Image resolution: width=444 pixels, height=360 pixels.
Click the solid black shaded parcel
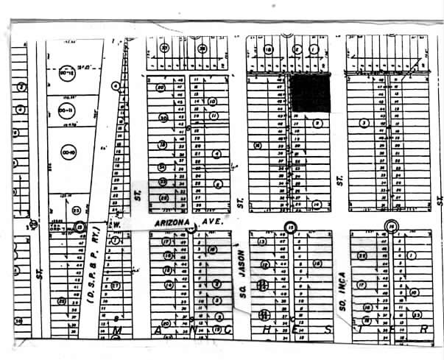pos(309,93)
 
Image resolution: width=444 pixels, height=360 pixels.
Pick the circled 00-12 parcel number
pos(66,74)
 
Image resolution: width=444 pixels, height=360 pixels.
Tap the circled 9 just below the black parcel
pos(316,123)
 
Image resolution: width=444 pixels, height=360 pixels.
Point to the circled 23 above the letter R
pos(366,320)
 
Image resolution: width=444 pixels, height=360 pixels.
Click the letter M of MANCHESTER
pos(116,331)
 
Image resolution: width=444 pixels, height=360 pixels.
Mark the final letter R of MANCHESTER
pos(423,331)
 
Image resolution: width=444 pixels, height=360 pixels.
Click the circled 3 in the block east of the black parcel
pos(363,122)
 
